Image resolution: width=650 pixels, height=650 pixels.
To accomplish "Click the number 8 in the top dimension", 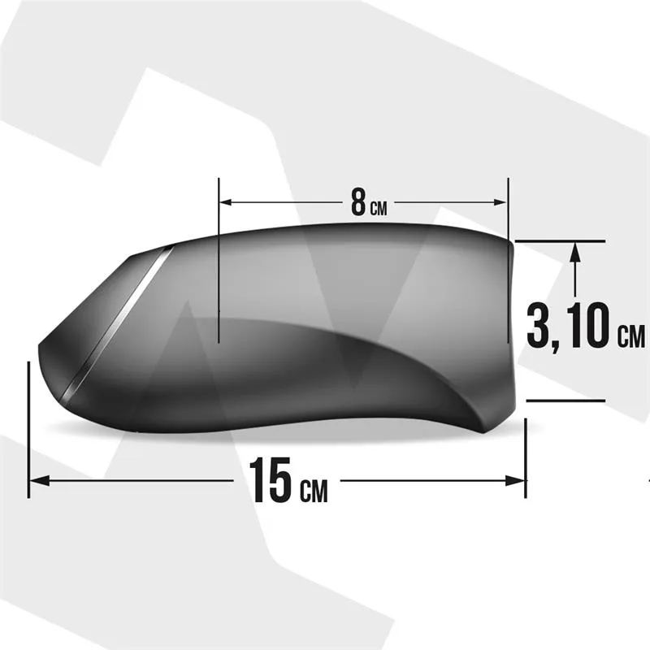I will [x=358, y=203].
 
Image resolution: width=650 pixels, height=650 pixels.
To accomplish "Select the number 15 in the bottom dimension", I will [x=270, y=480].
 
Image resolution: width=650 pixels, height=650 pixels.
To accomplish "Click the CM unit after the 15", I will [x=314, y=490].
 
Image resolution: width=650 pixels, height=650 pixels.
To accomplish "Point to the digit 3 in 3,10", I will [x=539, y=325].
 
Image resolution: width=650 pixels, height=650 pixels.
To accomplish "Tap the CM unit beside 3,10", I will [x=630, y=335].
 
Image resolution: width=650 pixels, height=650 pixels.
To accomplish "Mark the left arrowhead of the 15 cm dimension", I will [x=36, y=480].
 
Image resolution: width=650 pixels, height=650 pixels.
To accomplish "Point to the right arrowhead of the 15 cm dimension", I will [x=521, y=480].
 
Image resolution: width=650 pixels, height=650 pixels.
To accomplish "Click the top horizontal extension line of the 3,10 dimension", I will [x=561, y=241].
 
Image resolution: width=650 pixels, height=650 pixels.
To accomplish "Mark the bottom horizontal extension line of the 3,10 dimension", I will [x=565, y=400].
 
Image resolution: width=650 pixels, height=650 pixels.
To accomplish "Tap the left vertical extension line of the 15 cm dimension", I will [x=29, y=431].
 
